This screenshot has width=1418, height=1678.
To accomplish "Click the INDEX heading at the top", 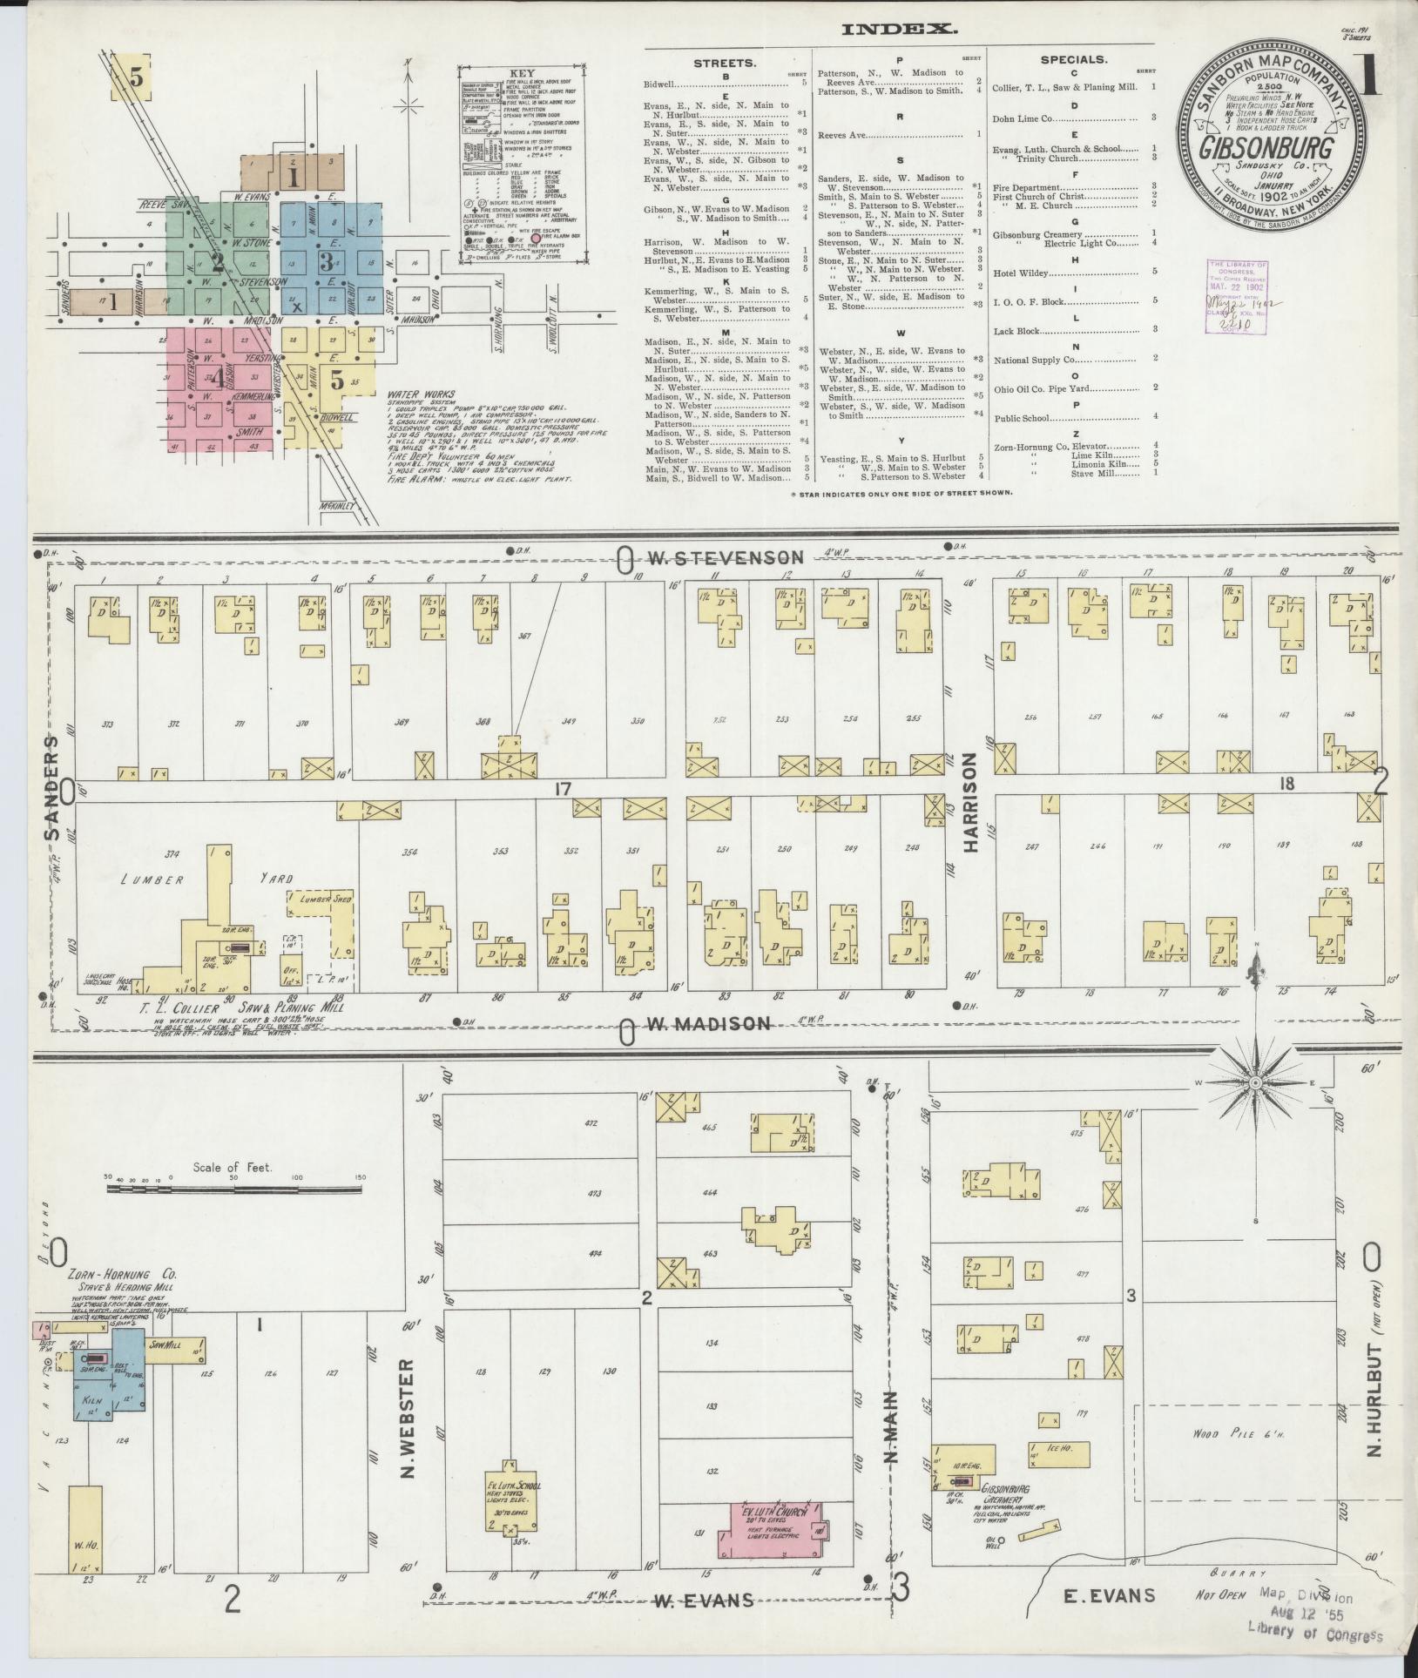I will [899, 29].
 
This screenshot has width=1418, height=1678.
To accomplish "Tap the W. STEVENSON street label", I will [732, 557].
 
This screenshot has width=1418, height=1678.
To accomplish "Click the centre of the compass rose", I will [1255, 1082].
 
